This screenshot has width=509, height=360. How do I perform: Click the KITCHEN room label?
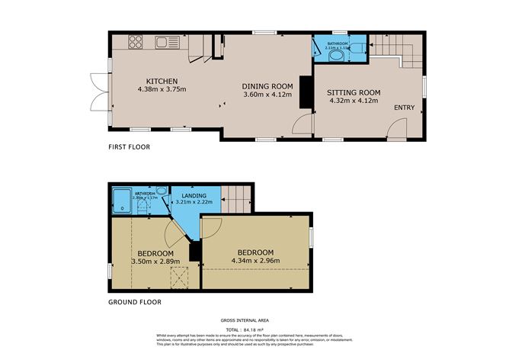pos(162,81)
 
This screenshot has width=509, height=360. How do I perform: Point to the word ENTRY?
pos(404,108)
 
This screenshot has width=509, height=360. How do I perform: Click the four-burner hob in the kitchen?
pos(136,43)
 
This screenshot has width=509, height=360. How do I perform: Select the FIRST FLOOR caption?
pos(129,147)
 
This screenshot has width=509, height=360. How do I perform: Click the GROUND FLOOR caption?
pos(135,302)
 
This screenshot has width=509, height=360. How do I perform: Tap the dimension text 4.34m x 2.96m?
pos(255,261)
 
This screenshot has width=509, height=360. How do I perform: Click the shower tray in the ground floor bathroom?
pos(122,201)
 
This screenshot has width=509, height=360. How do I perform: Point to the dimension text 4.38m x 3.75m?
pos(162,89)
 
